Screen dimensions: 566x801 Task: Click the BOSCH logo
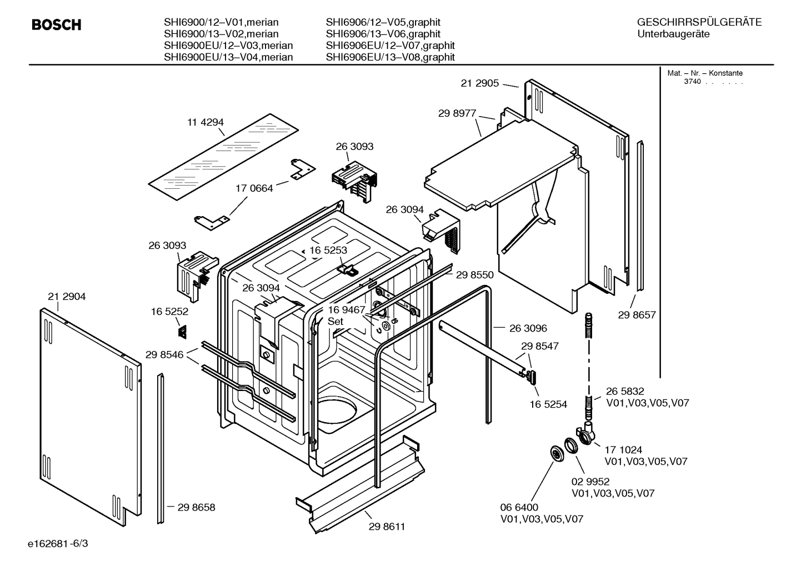click(x=56, y=25)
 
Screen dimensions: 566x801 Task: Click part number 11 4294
click(x=205, y=122)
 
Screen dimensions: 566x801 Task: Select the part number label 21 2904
click(x=67, y=297)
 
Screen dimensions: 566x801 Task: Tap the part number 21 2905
click(x=479, y=83)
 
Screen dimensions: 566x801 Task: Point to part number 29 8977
click(x=457, y=113)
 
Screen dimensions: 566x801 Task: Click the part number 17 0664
click(x=254, y=188)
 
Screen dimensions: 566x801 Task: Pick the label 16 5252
click(x=169, y=312)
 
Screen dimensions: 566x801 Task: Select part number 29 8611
click(x=386, y=527)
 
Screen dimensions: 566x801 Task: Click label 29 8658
click(x=196, y=507)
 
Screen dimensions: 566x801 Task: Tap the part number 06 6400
click(x=519, y=507)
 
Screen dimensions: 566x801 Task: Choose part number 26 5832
click(x=625, y=392)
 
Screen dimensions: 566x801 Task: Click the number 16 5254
click(x=548, y=404)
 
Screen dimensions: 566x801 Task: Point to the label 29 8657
click(x=637, y=315)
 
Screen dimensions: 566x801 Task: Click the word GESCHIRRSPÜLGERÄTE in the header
click(x=699, y=22)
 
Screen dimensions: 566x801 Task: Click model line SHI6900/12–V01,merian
click(x=221, y=22)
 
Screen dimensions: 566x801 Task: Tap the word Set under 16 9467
click(x=336, y=322)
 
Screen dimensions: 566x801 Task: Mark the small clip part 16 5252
click(x=182, y=332)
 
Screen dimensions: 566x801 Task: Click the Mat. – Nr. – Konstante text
click(x=705, y=73)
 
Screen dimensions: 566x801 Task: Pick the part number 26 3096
click(x=528, y=328)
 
